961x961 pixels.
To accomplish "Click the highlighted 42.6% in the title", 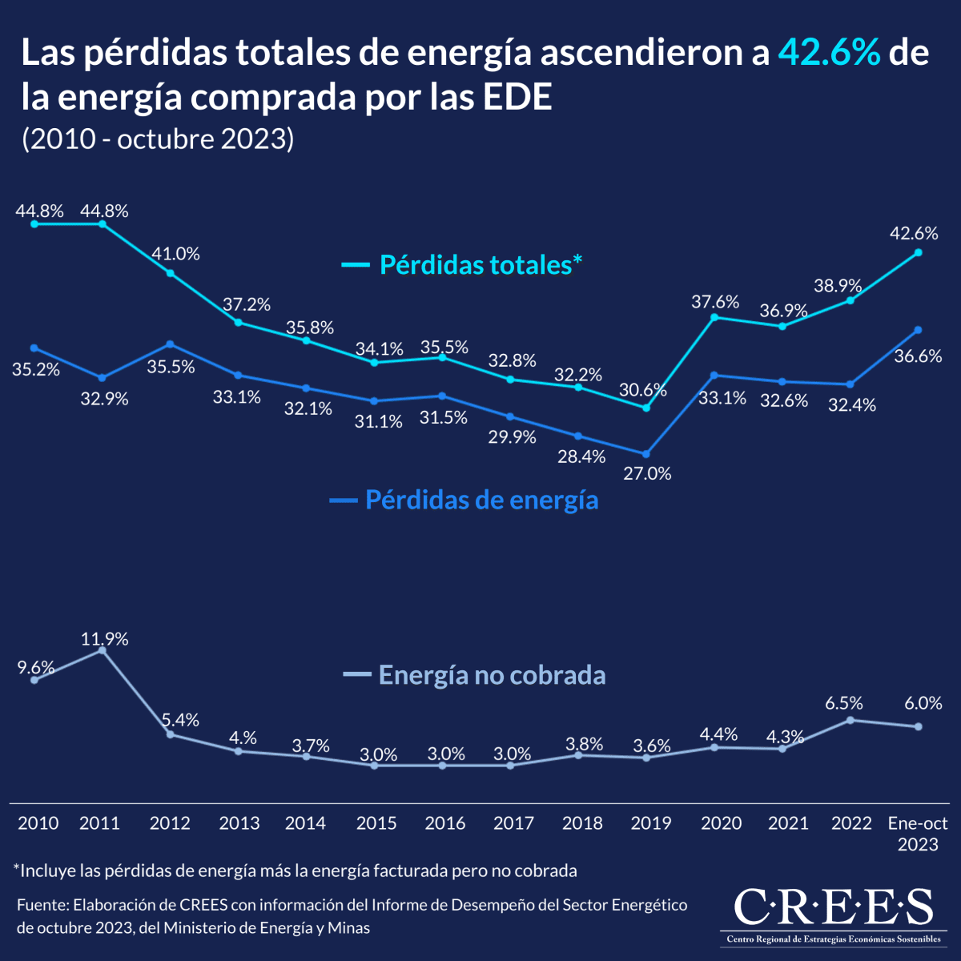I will point(830,53).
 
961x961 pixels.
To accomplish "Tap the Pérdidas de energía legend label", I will point(481,500).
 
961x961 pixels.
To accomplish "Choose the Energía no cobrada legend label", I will point(492,675).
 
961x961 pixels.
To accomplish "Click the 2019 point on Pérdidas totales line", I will point(646,408).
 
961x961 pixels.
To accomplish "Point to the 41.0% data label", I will point(176,254).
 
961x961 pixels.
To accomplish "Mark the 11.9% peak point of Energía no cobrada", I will point(102,650).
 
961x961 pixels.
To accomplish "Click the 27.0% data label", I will point(647,473).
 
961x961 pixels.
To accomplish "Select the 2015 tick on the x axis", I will point(376,823).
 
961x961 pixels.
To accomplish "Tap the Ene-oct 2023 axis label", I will point(918,833).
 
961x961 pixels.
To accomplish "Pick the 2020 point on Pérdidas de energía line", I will point(714,375).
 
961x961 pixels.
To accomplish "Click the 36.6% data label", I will point(918,356).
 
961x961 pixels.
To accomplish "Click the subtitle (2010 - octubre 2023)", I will point(158,139).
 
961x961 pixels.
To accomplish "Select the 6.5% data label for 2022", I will point(844,703).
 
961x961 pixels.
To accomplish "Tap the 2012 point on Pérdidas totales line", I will point(171,273).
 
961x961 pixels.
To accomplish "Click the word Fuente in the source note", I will point(41,905).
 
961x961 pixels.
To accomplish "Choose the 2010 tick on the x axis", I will point(38,823).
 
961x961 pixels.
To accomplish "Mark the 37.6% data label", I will point(715,302).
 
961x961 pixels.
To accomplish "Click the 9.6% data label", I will point(37,667).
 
